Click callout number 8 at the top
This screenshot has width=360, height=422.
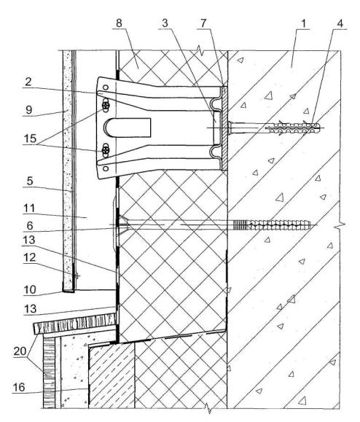click(119, 23)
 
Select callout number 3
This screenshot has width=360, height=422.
click(165, 23)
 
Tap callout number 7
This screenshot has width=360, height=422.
click(203, 23)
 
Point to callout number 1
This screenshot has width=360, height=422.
click(303, 23)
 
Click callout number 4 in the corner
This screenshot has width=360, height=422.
click(340, 23)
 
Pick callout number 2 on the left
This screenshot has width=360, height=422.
click(28, 82)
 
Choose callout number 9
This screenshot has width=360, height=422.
click(29, 110)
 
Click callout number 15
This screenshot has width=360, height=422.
click(30, 138)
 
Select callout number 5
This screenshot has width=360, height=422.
click(30, 181)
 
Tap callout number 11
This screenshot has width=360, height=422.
click(29, 208)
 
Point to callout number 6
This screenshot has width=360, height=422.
click(30, 225)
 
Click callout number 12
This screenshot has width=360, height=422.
click(30, 257)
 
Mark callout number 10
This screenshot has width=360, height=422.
click(30, 289)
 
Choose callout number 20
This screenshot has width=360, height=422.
click(20, 351)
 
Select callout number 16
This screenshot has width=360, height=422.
click(18, 387)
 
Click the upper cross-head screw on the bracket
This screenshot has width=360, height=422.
click(106, 106)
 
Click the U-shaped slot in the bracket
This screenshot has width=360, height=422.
click(128, 127)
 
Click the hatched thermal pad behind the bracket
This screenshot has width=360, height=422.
click(224, 128)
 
